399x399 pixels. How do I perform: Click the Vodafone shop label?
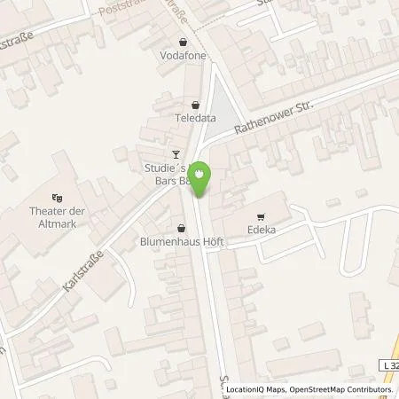point(183,54)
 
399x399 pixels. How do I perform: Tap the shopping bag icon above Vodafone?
point(183,41)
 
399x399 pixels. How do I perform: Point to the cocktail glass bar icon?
point(176,153)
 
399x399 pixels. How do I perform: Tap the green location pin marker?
point(202,176)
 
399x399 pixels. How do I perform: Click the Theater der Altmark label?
point(58,216)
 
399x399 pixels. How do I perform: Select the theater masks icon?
point(58,198)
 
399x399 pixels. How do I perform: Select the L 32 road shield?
point(387,365)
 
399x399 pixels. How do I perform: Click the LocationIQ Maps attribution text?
point(253,389)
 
